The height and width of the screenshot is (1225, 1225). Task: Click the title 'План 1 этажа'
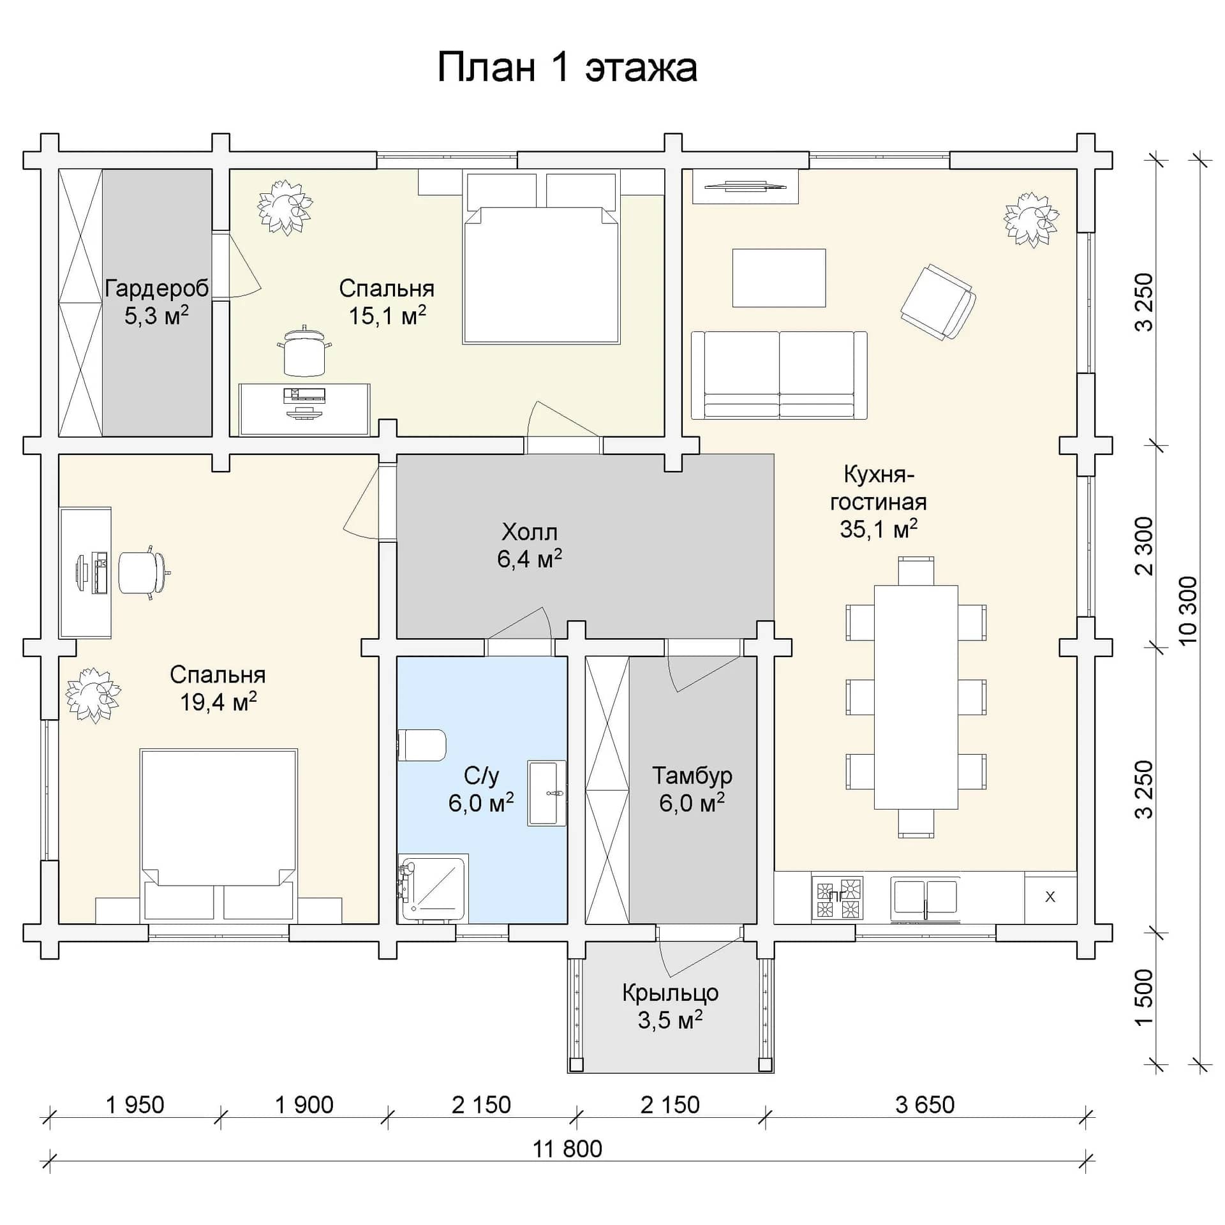tap(567, 68)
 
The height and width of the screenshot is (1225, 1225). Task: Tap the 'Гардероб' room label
tap(157, 288)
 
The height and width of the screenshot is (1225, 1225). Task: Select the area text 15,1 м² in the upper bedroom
tap(387, 316)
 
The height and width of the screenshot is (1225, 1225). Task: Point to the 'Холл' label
tap(530, 531)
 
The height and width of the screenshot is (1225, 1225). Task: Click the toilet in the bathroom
tap(422, 745)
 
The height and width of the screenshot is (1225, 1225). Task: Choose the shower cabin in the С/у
tap(433, 888)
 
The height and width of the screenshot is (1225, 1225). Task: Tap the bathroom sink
tap(547, 794)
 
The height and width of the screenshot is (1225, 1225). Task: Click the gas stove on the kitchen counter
tap(838, 898)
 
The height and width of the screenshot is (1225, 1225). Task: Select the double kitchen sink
tap(926, 898)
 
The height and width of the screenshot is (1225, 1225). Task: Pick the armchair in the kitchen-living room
tap(939, 302)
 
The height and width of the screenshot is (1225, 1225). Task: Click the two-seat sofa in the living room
tap(779, 375)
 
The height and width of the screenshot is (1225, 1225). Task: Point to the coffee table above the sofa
tap(779, 278)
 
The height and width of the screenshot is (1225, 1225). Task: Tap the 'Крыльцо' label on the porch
tap(671, 993)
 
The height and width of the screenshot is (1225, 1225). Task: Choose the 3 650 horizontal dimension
tap(925, 1105)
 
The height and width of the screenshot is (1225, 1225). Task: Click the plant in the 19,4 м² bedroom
tap(93, 695)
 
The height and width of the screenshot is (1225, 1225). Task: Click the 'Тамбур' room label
tap(692, 776)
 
